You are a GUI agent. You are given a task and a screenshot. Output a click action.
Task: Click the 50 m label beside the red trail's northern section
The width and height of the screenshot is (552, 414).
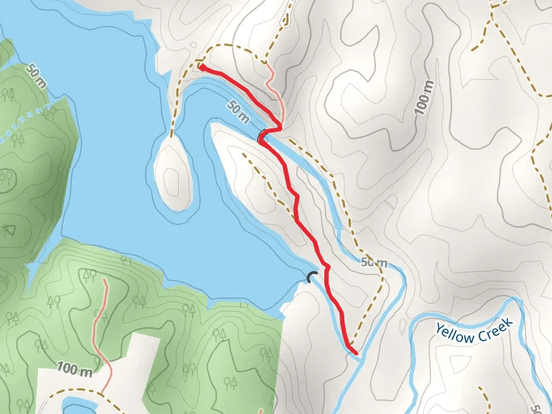click(x=237, y=110)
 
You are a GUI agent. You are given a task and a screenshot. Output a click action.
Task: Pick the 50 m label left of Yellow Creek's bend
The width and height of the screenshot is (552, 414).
click(x=374, y=263)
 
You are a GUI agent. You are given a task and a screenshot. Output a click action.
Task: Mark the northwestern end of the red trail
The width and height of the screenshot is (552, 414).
click(x=201, y=66)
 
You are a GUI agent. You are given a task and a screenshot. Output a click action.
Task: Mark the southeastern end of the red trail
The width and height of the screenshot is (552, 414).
click(x=357, y=353)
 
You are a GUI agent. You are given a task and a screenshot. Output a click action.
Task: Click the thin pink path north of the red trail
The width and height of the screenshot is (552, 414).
click(x=275, y=90)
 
